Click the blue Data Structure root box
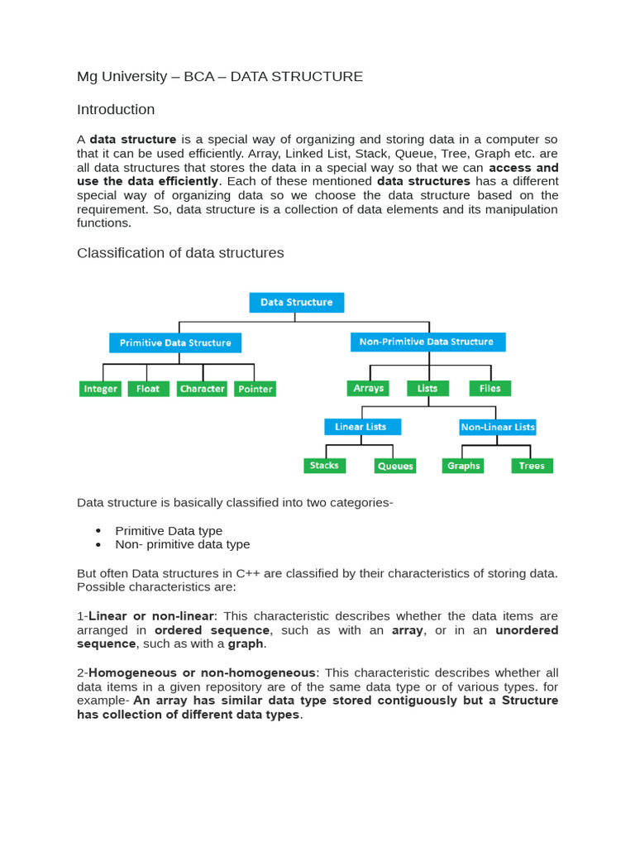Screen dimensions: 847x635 pos(296,302)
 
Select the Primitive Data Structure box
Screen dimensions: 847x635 pos(175,342)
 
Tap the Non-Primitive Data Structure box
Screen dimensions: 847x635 pos(427,342)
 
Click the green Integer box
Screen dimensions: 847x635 pos(101,389)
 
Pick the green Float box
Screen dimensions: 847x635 pos(148,389)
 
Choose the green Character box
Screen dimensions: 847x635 pos(202,389)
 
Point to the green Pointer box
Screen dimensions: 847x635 pos(255,389)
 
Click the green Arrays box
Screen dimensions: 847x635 pos(368,388)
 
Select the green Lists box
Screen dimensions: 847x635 pos(427,388)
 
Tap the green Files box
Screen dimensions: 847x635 pos(490,388)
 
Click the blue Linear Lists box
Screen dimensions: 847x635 pos(362,427)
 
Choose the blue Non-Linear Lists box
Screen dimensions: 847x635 pos(498,427)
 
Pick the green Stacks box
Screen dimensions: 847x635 pos(324,466)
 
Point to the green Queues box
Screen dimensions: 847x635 pos(395,466)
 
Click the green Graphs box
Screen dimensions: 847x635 pos(463,466)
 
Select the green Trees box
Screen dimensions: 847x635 pos(532,466)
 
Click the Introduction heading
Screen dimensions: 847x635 pos(116,109)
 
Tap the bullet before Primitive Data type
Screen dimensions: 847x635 pos(98,530)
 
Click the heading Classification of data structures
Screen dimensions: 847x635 pos(180,252)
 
